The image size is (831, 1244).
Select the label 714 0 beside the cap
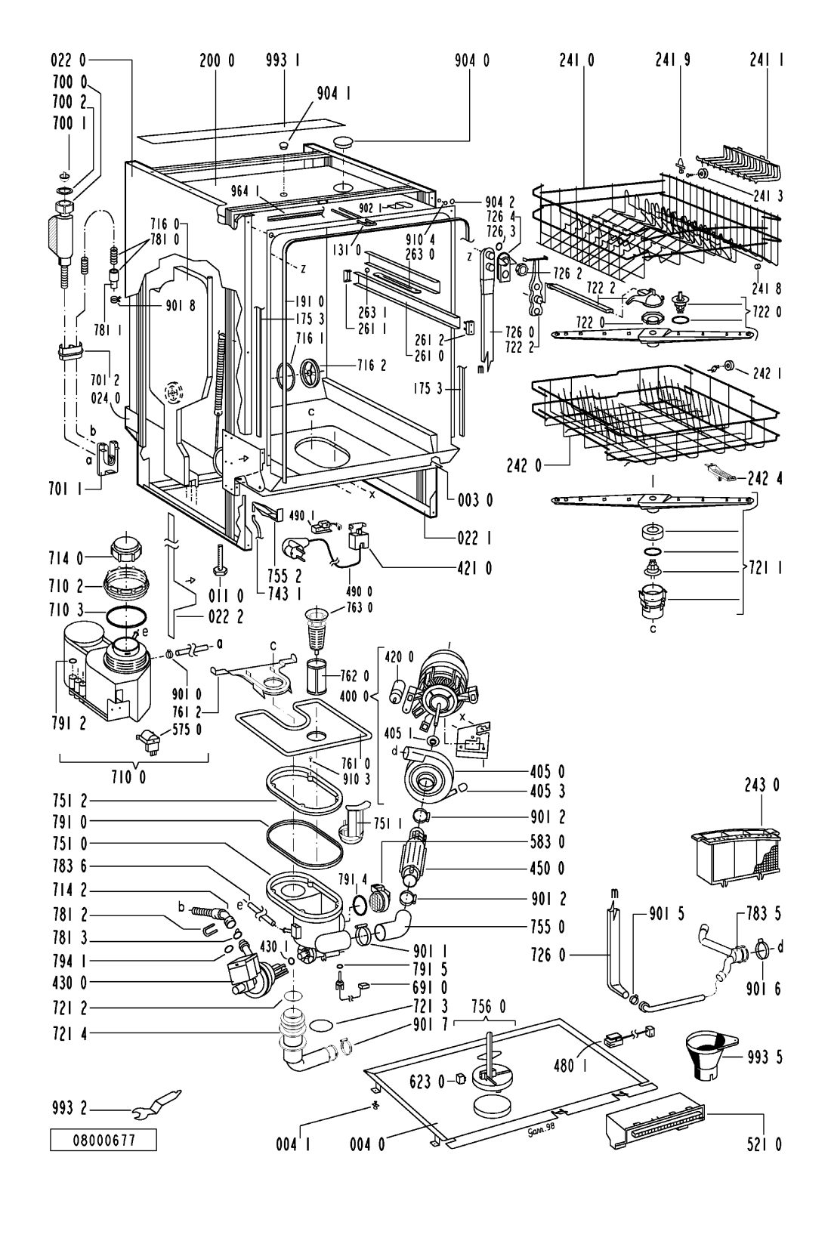[x=66, y=558]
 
